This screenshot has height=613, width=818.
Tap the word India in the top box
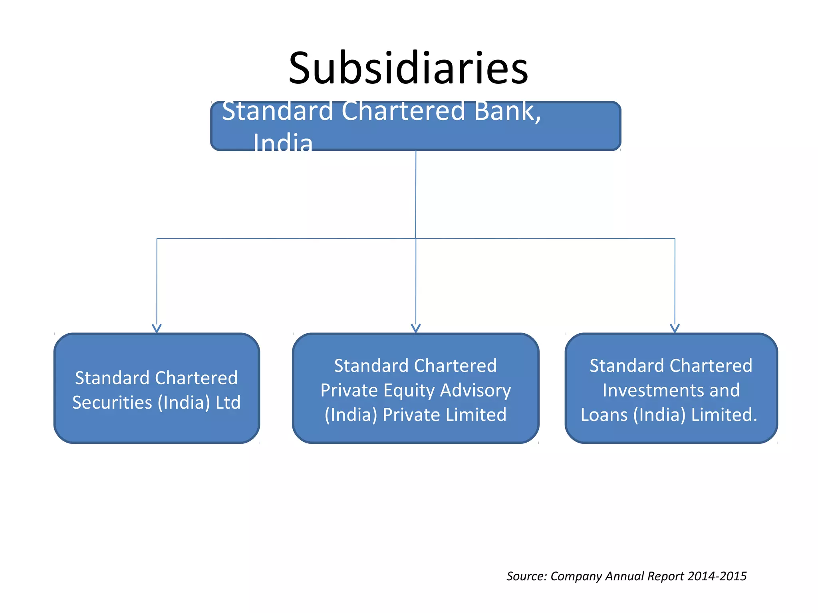(283, 143)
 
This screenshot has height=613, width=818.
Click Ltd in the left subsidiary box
(228, 402)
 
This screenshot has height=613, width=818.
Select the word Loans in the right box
(604, 415)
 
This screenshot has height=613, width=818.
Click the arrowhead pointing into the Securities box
(157, 328)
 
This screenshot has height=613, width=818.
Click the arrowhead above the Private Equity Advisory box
(416, 328)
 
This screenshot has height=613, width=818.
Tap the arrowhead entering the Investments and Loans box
(675, 328)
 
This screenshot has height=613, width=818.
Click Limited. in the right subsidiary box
(724, 415)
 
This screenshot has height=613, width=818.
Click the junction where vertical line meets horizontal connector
(416, 239)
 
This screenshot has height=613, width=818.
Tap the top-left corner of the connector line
(157, 239)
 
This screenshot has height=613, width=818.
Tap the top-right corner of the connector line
(675, 239)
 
